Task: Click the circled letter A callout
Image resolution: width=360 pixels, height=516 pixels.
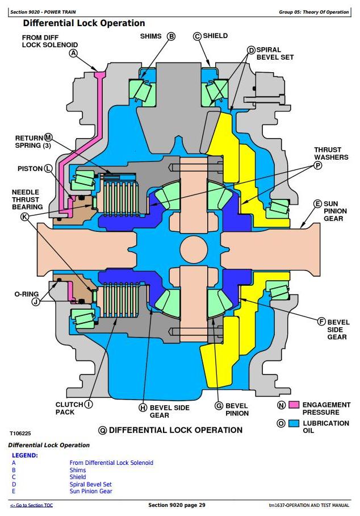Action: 74,53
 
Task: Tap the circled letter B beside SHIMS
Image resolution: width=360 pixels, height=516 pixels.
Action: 171,36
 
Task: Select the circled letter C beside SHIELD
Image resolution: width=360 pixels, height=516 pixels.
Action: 197,36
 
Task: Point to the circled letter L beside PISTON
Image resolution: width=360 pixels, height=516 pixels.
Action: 48,169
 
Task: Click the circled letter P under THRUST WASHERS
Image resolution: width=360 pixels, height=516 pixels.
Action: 317,165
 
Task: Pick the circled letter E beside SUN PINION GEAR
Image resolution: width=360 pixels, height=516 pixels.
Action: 317,203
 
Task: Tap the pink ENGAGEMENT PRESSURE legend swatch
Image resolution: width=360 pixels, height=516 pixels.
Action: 294,405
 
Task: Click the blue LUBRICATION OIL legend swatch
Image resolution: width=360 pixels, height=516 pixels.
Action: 294,423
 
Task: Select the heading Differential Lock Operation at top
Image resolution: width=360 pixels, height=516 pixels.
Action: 84,23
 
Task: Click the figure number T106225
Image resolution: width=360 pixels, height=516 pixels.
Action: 20,434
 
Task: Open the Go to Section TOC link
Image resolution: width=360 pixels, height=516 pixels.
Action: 31,505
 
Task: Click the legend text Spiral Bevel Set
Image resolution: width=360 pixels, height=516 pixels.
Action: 90,484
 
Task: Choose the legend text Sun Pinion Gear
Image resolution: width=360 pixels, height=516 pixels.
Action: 91,492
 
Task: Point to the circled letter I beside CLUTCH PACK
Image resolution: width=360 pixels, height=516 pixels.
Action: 89,405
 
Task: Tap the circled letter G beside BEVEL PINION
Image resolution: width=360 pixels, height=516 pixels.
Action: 219,406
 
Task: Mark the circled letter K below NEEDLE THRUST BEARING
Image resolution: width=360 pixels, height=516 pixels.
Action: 25,217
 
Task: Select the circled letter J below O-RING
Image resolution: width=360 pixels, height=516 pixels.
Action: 36,301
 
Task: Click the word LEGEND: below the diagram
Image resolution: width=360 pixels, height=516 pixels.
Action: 25,455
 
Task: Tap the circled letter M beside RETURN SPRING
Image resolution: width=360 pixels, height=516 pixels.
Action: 48,138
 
